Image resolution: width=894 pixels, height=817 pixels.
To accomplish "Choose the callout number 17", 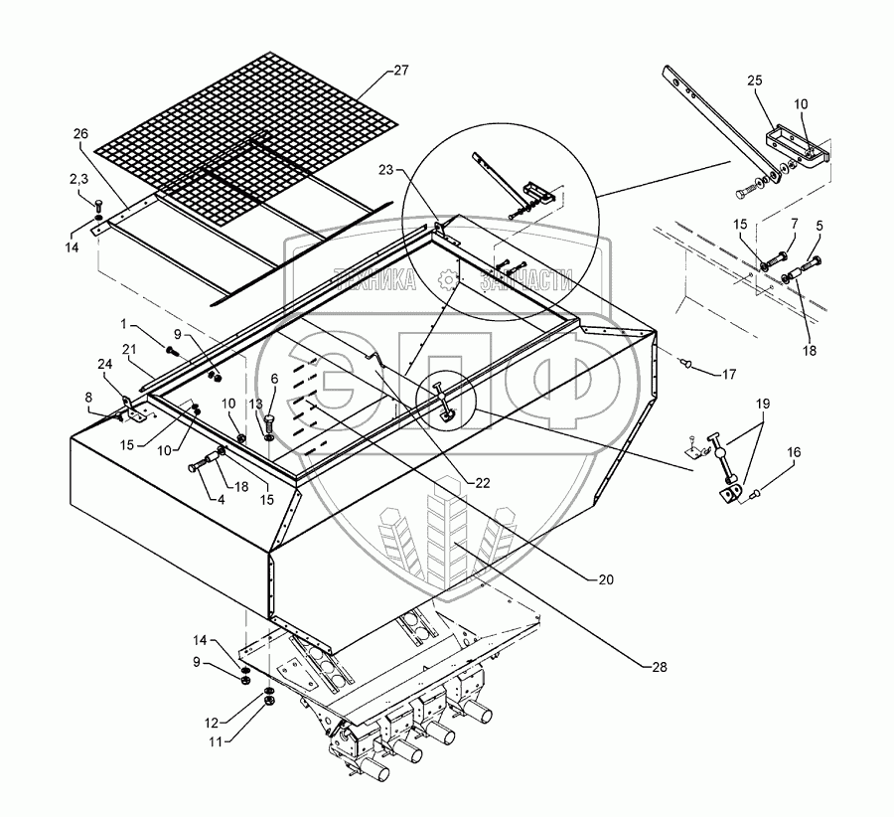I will [x=730, y=375].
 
